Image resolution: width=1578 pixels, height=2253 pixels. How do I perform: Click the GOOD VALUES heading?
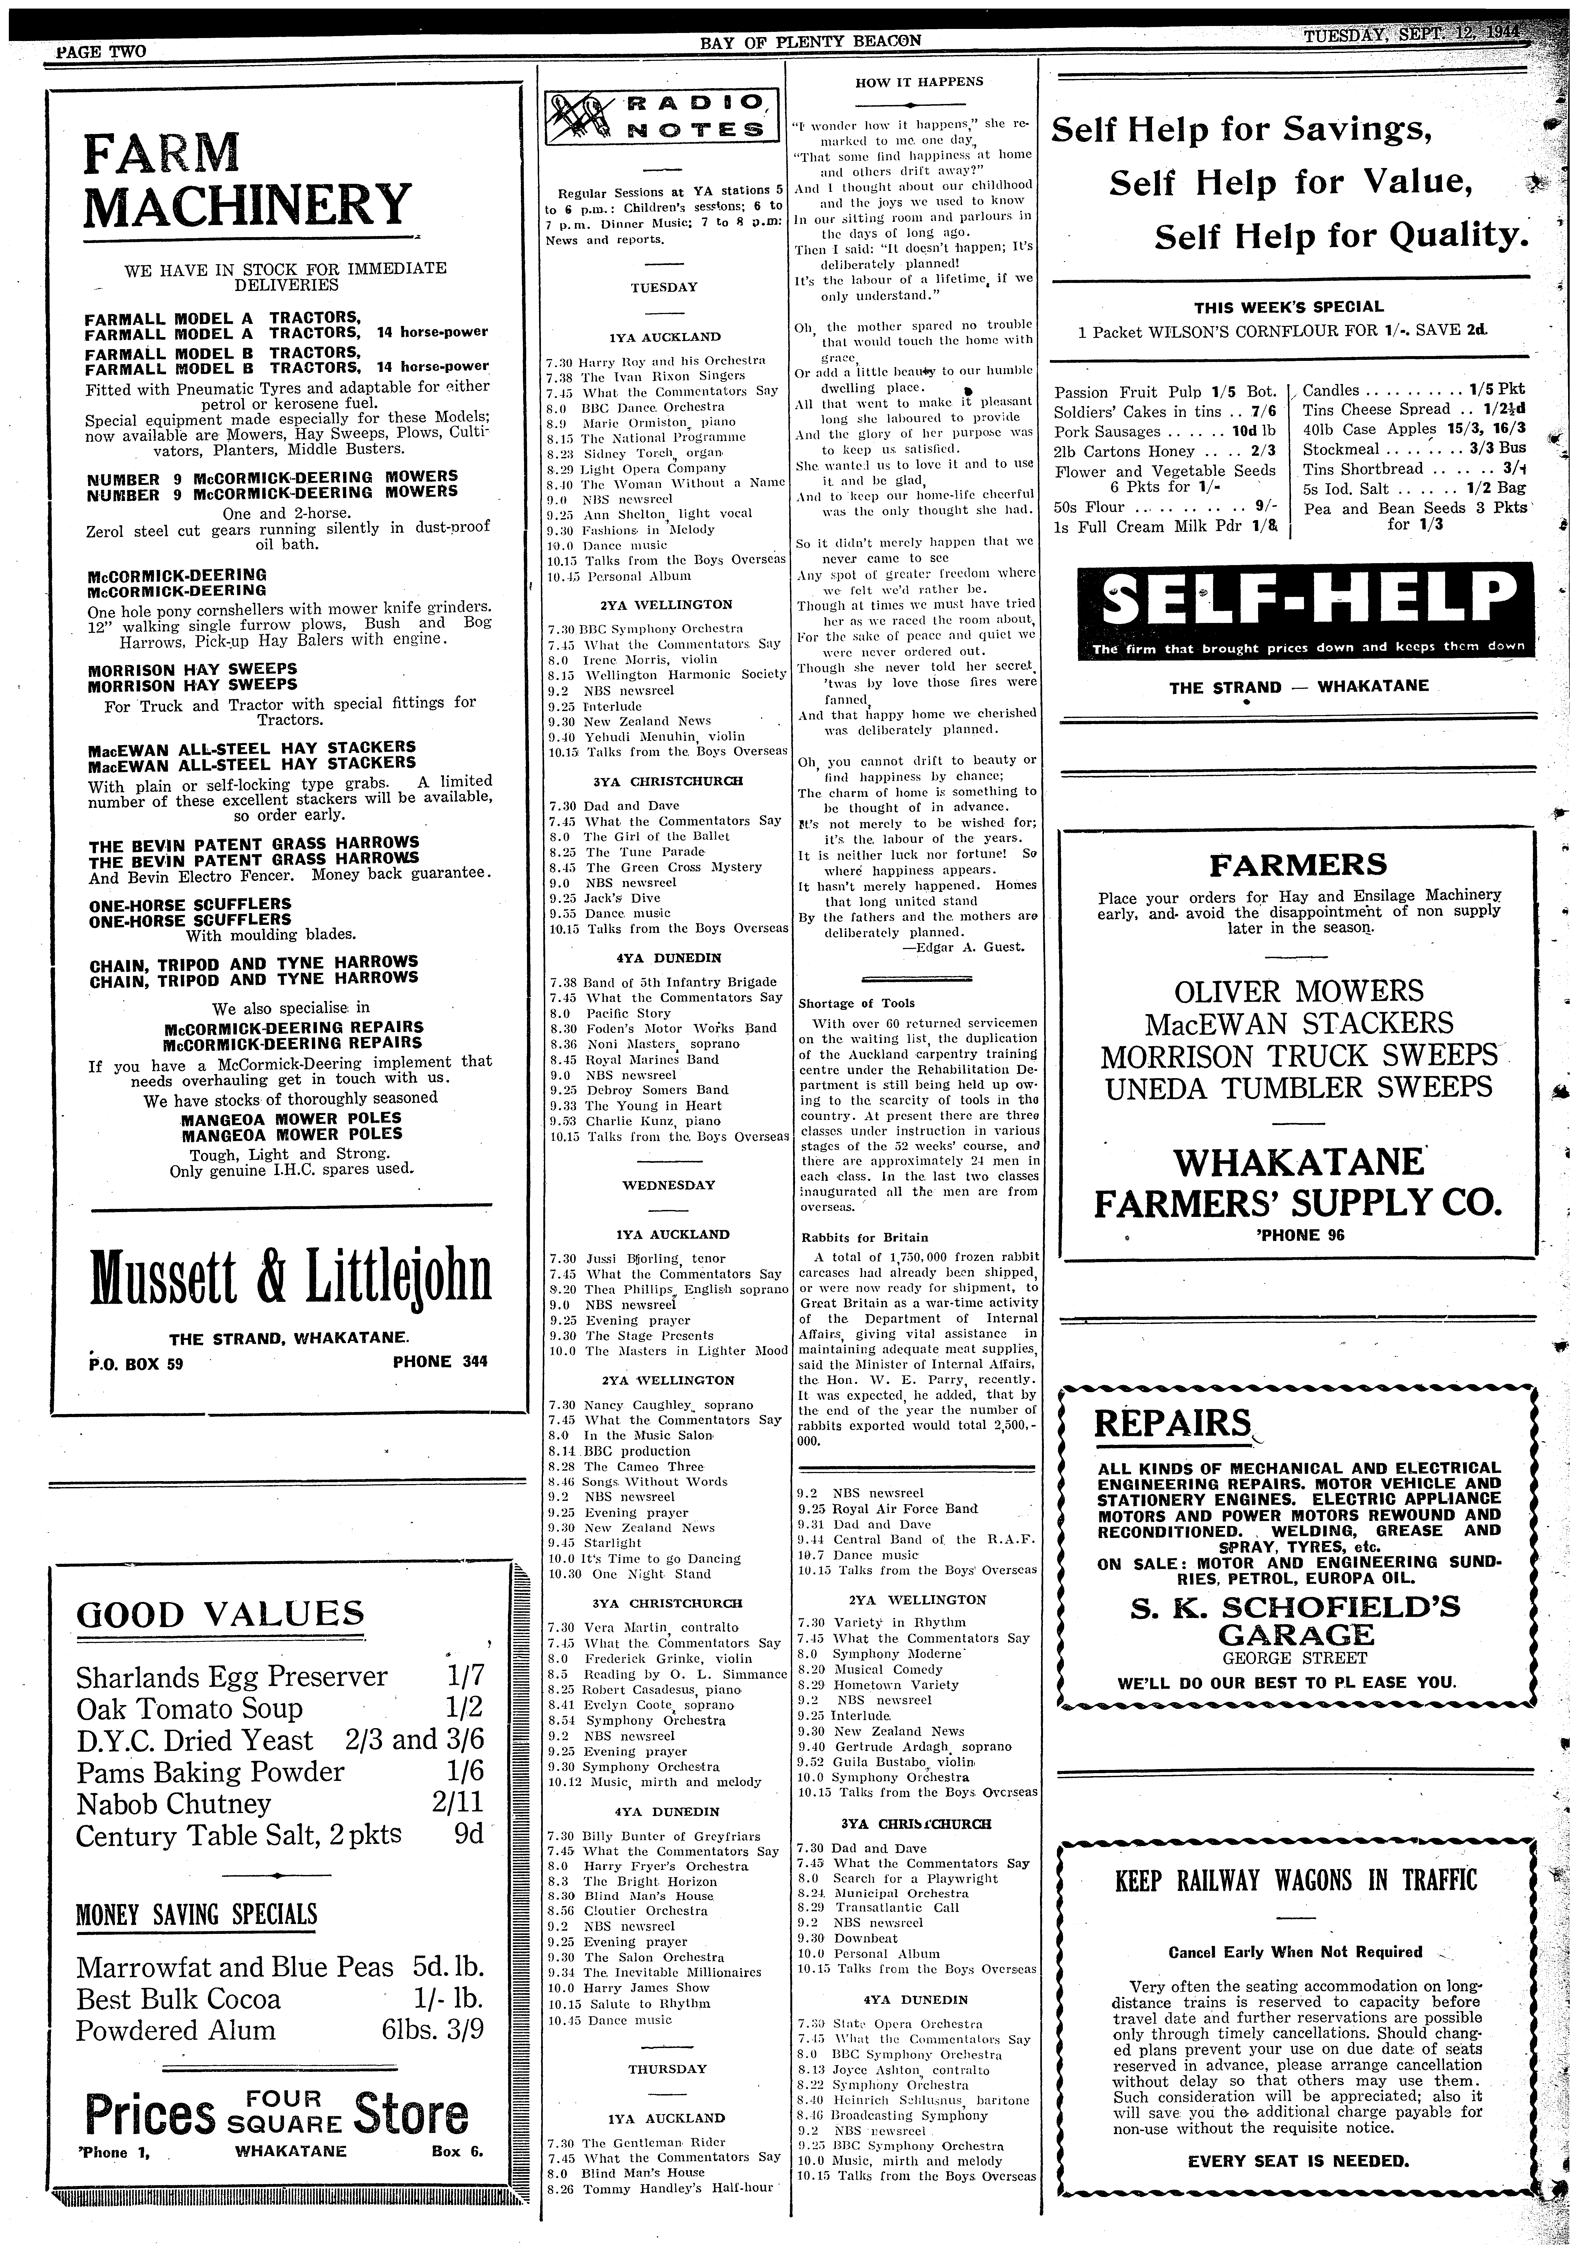pos(220,1614)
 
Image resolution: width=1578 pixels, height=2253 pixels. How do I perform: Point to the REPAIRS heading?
pos(1174,1422)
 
